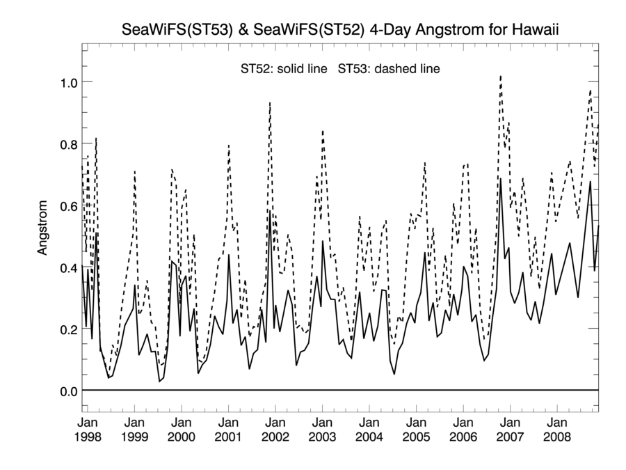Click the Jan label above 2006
click(463, 422)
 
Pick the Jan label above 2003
click(322, 422)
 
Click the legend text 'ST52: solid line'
click(283, 70)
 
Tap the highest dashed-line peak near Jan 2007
click(500, 76)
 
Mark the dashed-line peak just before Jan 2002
click(269, 102)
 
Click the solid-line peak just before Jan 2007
click(500, 180)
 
